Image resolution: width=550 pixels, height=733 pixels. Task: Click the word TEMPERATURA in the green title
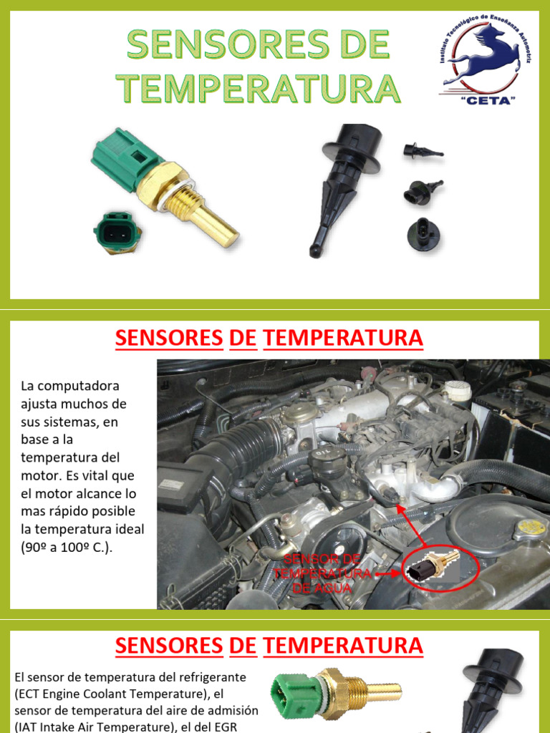pos(259,88)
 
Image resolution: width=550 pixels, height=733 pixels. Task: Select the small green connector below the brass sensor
pos(116,232)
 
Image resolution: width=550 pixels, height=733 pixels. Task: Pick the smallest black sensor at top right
pos(422,151)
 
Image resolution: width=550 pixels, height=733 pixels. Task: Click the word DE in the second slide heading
pos(243,338)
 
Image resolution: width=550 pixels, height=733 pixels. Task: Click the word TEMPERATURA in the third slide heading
pos(343,646)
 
